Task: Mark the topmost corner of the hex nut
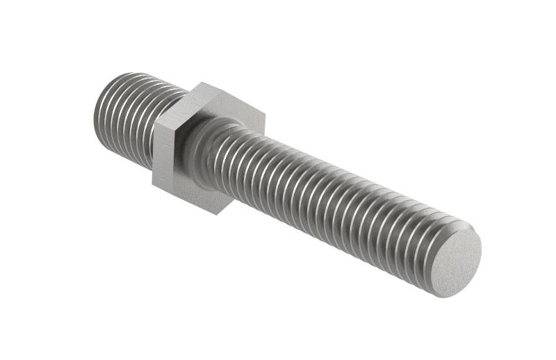point(202,83)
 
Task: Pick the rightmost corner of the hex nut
point(265,113)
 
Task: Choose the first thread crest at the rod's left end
point(104,104)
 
